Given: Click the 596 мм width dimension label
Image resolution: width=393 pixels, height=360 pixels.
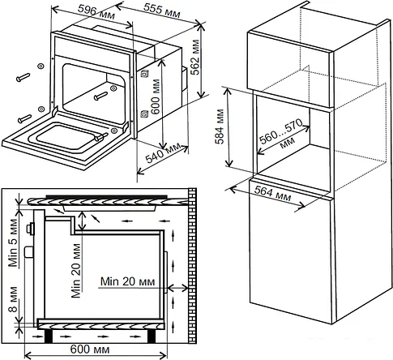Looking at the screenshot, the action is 96,12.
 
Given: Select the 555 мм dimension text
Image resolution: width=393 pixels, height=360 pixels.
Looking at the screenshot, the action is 161,11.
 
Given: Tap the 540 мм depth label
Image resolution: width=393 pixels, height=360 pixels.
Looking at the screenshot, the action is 163,153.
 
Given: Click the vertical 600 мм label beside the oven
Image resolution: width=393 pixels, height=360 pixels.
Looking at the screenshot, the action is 156,96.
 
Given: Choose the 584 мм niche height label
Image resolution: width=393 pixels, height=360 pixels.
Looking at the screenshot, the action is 220,126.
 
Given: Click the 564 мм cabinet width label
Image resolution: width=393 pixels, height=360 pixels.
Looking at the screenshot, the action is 272,194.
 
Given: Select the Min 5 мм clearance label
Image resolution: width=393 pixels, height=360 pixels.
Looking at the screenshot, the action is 13,242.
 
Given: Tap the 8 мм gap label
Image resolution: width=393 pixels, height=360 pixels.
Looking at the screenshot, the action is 13,299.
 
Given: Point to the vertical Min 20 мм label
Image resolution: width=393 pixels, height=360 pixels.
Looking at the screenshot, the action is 76,271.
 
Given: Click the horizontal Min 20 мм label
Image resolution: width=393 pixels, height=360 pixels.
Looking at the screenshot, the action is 128,281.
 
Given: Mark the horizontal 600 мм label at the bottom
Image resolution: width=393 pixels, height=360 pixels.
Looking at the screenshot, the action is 90,349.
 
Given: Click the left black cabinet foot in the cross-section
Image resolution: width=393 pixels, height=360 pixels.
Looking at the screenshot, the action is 49,336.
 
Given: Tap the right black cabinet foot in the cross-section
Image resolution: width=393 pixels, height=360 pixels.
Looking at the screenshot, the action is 152,336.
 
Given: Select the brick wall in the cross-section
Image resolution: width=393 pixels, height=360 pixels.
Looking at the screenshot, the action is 192,266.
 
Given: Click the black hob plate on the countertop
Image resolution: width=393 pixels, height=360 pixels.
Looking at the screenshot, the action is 107,196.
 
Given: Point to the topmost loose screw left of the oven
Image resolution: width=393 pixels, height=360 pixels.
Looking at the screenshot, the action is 23,77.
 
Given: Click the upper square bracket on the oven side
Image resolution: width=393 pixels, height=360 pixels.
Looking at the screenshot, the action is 144,74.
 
